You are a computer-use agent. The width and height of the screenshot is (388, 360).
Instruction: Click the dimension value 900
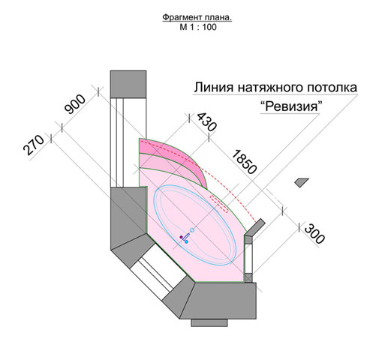75,104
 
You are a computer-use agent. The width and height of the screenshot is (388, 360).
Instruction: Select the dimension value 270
34,145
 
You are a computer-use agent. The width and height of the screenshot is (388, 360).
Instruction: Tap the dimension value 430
206,121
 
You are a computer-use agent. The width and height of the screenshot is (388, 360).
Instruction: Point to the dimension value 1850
244,162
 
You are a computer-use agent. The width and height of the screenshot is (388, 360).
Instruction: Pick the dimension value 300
314,234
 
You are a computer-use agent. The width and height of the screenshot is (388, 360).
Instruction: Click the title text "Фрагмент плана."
197,17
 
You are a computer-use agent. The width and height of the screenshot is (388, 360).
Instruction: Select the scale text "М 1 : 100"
198,27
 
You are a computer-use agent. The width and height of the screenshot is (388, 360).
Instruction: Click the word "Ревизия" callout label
290,106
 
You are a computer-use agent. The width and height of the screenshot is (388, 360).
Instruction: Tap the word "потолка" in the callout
332,88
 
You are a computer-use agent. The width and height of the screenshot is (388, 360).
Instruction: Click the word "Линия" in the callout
214,88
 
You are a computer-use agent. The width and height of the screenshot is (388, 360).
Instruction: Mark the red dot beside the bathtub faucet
181,236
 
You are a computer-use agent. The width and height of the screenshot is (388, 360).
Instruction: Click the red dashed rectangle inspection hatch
219,204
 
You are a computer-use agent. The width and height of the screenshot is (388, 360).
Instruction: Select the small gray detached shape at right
301,182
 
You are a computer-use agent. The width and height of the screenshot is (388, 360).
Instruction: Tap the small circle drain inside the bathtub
192,230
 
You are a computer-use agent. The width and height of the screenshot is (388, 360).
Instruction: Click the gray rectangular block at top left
128,84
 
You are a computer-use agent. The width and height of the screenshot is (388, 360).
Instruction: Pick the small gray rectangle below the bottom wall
209,322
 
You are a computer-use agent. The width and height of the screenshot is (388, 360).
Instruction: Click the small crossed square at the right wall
248,277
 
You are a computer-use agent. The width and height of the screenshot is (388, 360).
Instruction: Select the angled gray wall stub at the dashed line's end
255,226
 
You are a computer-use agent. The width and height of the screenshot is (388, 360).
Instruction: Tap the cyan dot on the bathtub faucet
186,241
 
